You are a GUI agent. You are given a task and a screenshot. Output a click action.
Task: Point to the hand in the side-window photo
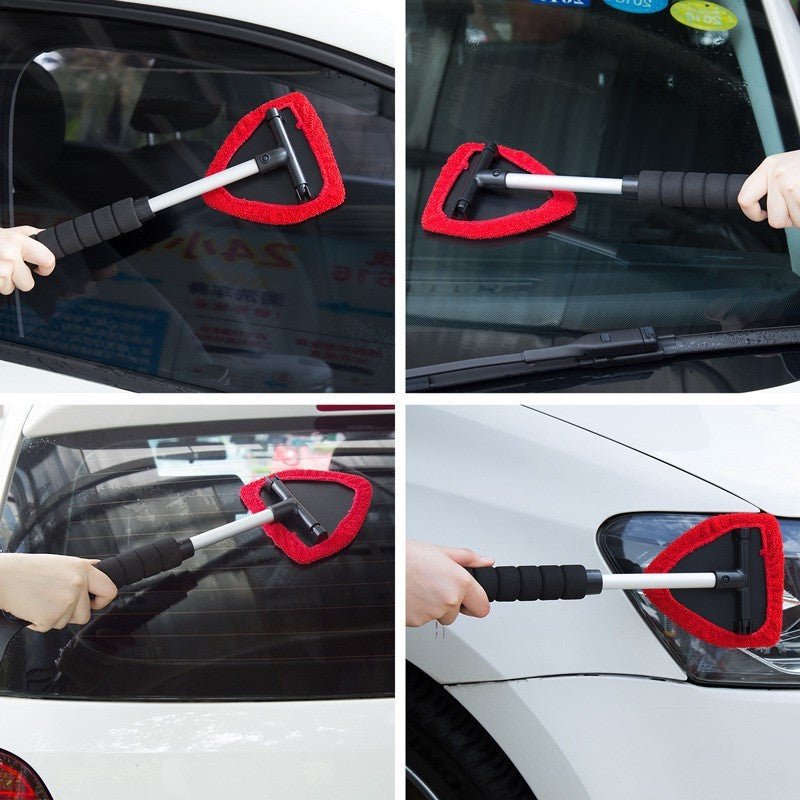pyautogui.click(x=22, y=258)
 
